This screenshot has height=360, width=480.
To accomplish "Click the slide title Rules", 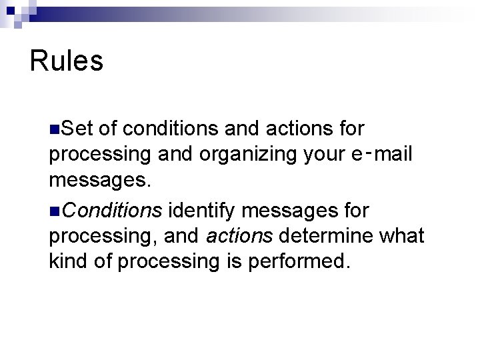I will [x=67, y=61].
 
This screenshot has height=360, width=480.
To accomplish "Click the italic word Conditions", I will [x=114, y=211].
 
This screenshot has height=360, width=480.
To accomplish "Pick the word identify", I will [x=205, y=211].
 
